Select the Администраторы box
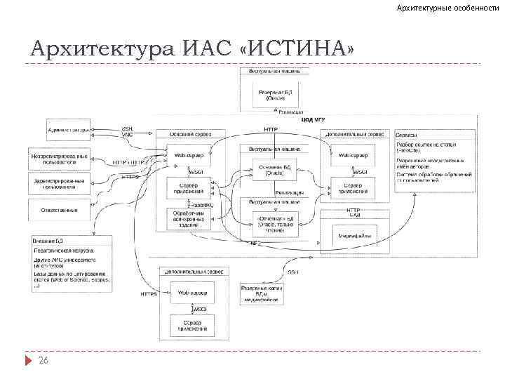coord(59,130)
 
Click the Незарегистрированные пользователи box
coord(59,158)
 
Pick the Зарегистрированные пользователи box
coord(59,184)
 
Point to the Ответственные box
coord(59,209)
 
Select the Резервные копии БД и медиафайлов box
coord(260,294)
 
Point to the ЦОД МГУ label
coord(312,120)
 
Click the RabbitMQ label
coord(203,204)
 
